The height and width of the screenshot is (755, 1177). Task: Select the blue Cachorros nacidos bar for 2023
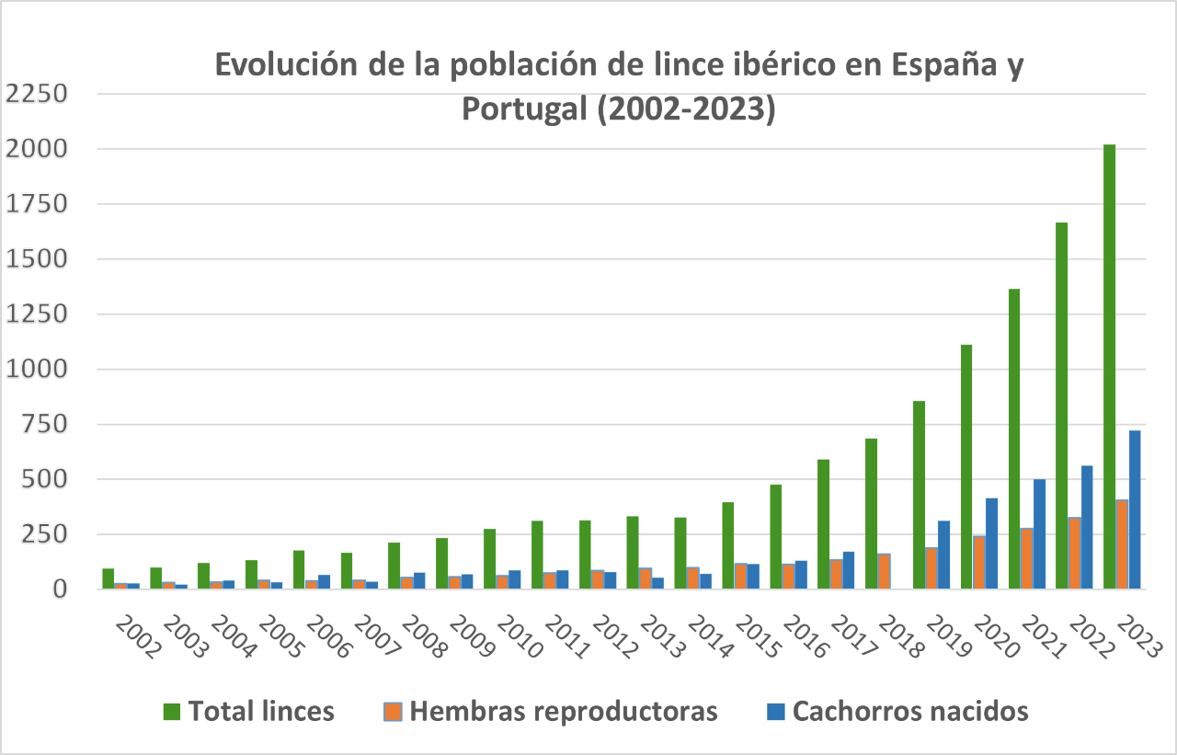(x=1134, y=509)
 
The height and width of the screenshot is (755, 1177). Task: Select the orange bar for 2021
(x=1026, y=558)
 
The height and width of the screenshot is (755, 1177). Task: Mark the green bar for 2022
(x=1061, y=406)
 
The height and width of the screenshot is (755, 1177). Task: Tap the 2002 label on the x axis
(x=139, y=635)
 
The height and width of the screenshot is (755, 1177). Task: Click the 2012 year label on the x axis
(x=615, y=635)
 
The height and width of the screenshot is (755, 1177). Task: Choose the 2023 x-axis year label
(x=1139, y=635)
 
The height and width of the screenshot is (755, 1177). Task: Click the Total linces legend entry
(x=261, y=711)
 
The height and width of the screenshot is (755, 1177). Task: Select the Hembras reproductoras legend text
(x=564, y=711)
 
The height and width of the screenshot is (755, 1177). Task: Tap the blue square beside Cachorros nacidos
(x=775, y=711)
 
